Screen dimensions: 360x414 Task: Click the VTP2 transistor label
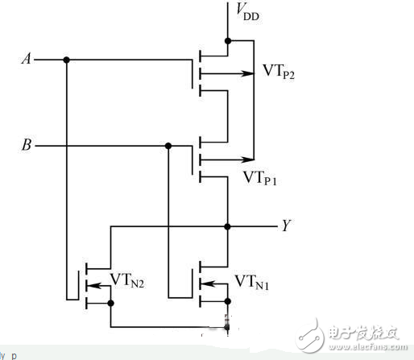pyautogui.click(x=281, y=72)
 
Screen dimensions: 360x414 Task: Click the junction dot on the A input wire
pyautogui.click(x=66, y=60)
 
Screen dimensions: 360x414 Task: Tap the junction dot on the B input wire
pyautogui.click(x=168, y=146)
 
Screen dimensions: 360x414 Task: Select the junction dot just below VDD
pyautogui.click(x=229, y=40)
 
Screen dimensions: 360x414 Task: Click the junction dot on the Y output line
pyautogui.click(x=229, y=226)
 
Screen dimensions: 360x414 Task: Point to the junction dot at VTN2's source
pyautogui.click(x=111, y=303)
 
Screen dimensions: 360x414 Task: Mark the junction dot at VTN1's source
pyautogui.click(x=229, y=302)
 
